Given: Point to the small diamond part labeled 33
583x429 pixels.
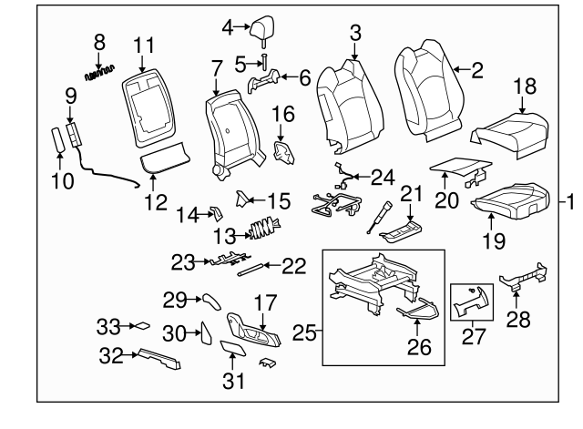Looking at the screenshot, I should (143, 324).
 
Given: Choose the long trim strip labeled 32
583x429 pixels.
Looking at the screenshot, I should (158, 358).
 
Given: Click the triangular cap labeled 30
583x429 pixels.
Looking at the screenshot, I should (206, 333).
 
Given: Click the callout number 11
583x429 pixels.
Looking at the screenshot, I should (145, 44).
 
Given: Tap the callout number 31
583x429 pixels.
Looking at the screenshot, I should (235, 382).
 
